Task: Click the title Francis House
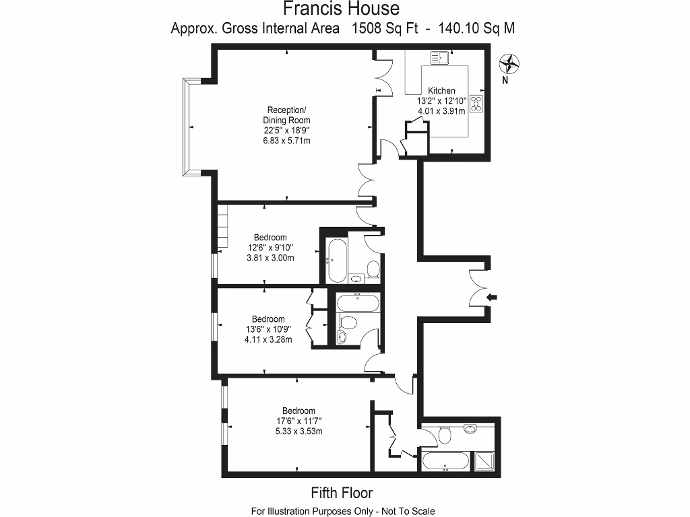click(x=340, y=9)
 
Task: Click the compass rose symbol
click(x=509, y=65)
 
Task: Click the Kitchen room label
click(x=441, y=91)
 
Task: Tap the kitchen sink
click(x=440, y=58)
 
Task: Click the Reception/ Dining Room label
click(x=287, y=115)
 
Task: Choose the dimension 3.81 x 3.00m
click(x=270, y=258)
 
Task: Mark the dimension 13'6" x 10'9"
click(x=268, y=330)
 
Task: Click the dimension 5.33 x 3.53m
click(x=299, y=431)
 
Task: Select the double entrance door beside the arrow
click(x=480, y=287)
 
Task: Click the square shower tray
click(x=484, y=461)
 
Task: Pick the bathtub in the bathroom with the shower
click(x=444, y=462)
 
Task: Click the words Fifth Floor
click(x=341, y=493)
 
